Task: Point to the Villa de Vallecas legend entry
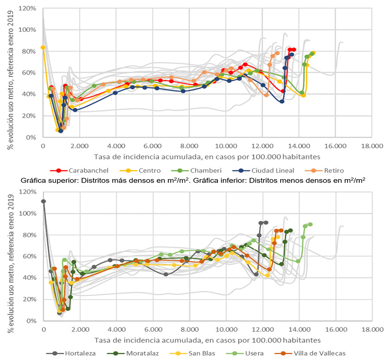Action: click(x=319, y=353)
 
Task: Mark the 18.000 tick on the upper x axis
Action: click(x=371, y=147)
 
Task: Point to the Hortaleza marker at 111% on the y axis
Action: click(x=44, y=201)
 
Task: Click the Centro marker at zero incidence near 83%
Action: click(x=43, y=47)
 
